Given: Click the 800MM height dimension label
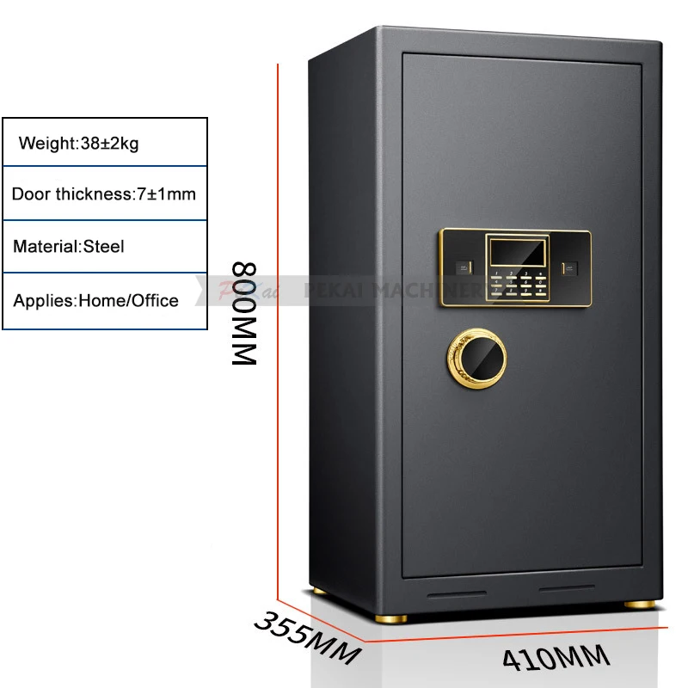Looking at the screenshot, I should coord(245,314).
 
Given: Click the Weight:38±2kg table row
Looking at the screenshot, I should coord(105,143).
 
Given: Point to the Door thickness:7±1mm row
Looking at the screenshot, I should coord(105,193).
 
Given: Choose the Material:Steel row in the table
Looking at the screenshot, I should coord(105,247).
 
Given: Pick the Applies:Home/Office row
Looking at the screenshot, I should coord(105,301).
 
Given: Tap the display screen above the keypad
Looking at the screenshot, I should coord(516,250).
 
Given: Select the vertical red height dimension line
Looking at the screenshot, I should coord(278,327).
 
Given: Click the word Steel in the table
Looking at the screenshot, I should coord(103,247).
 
